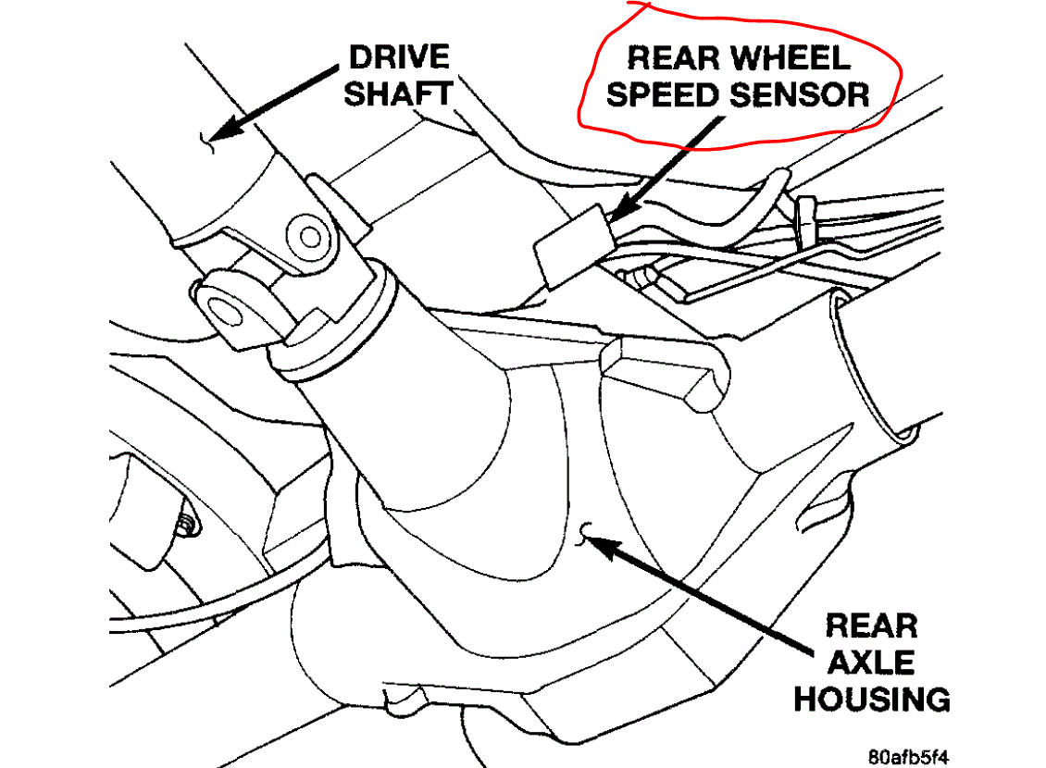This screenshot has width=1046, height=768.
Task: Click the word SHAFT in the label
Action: tap(400, 93)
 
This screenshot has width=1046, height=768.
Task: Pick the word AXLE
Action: tap(871, 663)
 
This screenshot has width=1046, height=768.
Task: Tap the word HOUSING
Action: tap(871, 699)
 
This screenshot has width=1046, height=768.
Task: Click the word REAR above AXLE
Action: tap(871, 626)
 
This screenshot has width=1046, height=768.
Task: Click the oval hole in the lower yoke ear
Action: tap(227, 311)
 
